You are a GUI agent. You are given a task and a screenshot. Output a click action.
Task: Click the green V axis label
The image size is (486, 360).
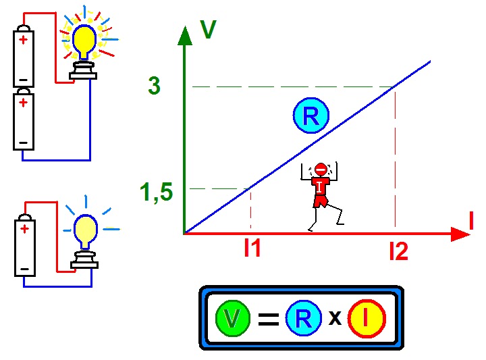(x=208, y=30)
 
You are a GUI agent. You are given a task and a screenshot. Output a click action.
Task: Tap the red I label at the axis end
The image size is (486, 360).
(x=470, y=221)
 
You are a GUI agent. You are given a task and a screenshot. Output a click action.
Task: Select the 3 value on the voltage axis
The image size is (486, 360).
(x=155, y=86)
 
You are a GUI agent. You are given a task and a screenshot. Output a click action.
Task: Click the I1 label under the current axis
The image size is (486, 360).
(x=252, y=249)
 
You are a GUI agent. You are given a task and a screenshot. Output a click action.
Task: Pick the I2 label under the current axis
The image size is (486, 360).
(x=398, y=251)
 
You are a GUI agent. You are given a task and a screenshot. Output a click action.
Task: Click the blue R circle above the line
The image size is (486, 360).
(x=310, y=116)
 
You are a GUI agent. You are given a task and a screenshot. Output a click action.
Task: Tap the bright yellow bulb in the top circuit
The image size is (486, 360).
(x=84, y=41)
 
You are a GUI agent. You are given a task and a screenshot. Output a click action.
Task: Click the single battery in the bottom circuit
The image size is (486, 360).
(x=25, y=246)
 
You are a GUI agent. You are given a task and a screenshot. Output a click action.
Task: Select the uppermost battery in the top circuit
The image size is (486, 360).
(x=24, y=57)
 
